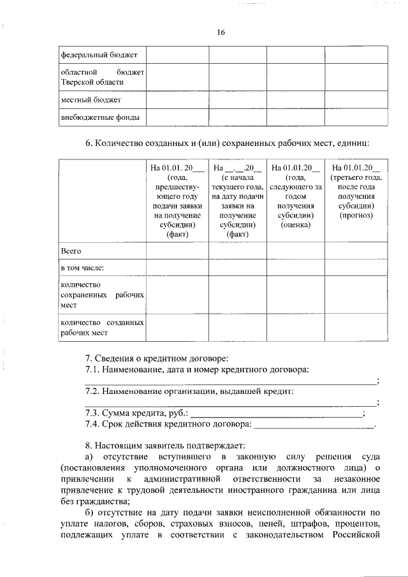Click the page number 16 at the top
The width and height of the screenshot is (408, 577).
[x=221, y=32]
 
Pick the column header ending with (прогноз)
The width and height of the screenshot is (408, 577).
[x=356, y=191]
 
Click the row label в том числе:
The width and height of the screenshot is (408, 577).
[x=82, y=268]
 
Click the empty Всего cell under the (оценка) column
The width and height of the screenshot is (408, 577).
[x=295, y=251]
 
